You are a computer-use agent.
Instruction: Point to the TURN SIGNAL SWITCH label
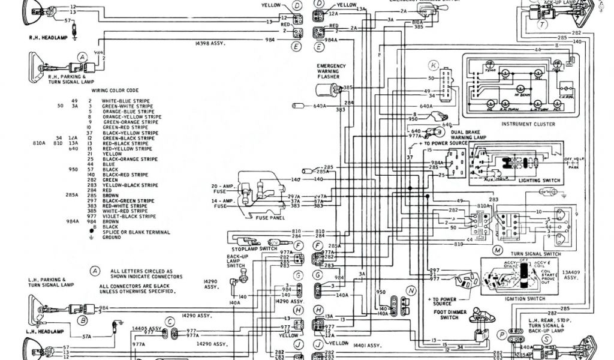pyautogui.click(x=535, y=254)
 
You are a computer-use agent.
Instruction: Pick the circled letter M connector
pyautogui.click(x=497, y=248)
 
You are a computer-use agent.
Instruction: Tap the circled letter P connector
pyautogui.click(x=501, y=334)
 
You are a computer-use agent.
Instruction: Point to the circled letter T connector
pyautogui.click(x=542, y=25)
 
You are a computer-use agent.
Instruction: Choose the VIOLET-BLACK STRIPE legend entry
pyautogui.click(x=125, y=216)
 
